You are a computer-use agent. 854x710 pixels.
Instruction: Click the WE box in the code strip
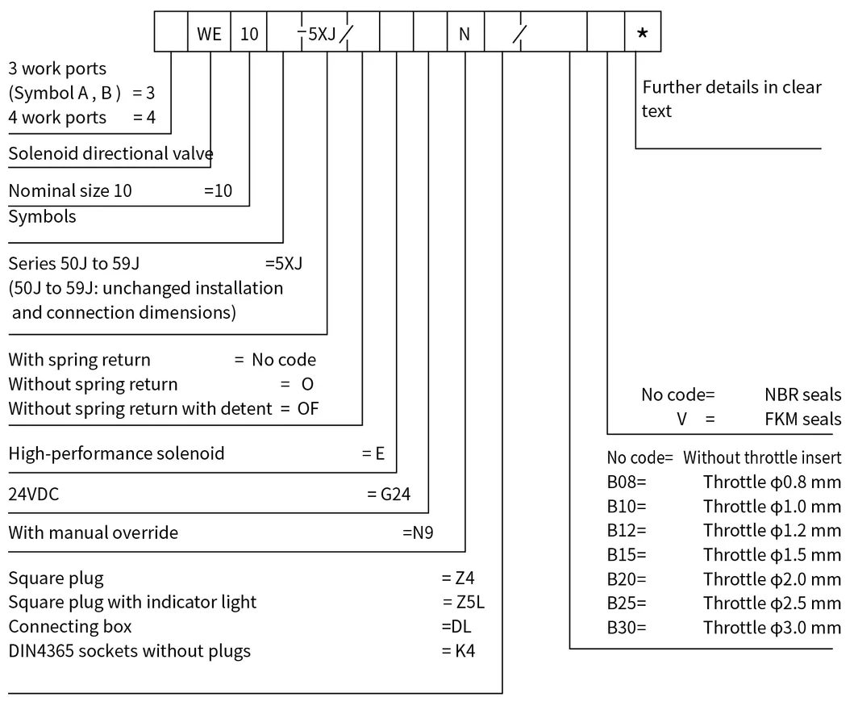(209, 33)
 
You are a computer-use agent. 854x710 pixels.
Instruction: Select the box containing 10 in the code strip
(249, 33)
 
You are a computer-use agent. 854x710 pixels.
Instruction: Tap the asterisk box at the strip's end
(642, 33)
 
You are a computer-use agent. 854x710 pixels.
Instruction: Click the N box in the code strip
(464, 33)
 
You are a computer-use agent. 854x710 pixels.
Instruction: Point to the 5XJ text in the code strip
(322, 33)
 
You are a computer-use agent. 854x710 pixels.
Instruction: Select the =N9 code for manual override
(418, 532)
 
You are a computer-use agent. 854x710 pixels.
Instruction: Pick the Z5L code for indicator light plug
(464, 602)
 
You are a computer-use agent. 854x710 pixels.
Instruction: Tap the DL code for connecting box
(457, 626)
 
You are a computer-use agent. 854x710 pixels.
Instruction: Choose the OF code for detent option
(308, 408)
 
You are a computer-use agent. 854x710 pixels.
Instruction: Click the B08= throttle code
(627, 482)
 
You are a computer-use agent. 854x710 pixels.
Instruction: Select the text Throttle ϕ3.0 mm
(772, 628)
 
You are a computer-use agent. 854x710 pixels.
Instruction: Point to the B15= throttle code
(627, 555)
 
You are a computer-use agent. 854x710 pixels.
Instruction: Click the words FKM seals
(802, 419)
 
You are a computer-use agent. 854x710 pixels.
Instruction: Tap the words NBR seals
(802, 395)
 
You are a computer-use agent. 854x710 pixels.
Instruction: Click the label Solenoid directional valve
(110, 153)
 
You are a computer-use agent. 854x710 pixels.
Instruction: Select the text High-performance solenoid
(116, 453)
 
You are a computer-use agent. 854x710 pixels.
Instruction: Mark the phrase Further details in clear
(731, 87)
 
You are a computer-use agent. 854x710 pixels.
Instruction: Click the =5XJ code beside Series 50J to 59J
(284, 263)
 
